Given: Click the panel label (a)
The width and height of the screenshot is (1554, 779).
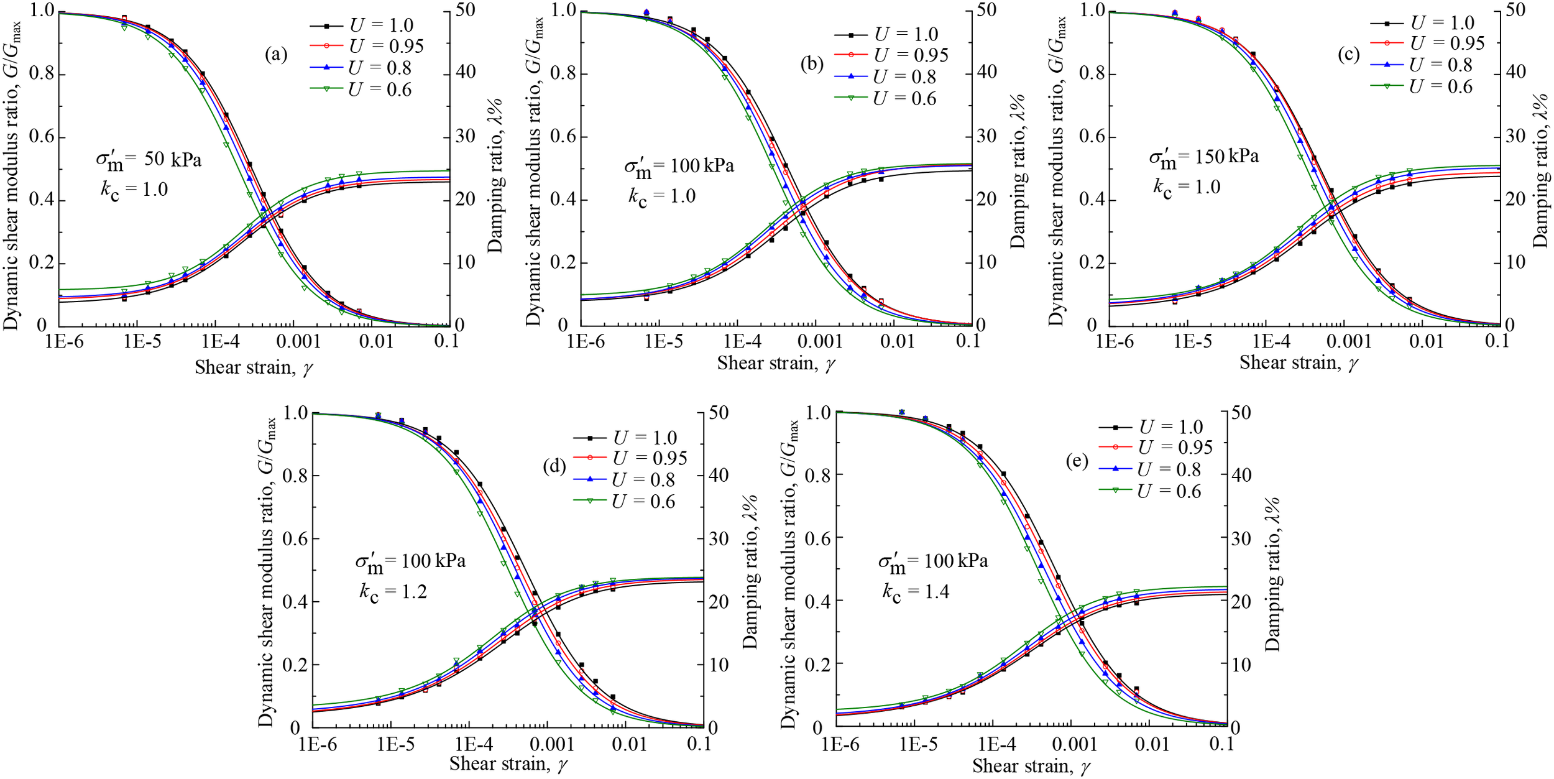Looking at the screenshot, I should tap(276, 55).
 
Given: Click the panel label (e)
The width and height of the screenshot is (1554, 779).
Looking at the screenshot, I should tap(1076, 461).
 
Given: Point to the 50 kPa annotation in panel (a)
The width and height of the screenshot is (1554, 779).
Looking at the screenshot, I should tap(149, 159).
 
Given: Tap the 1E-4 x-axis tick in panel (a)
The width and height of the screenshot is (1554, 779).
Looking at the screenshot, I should tap(214, 341).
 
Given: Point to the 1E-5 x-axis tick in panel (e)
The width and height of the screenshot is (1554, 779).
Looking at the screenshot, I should tap(918, 744).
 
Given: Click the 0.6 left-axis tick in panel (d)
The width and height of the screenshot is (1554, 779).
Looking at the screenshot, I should tap(296, 539).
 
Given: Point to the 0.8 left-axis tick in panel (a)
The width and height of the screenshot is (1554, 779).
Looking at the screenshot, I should tap(41, 75).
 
